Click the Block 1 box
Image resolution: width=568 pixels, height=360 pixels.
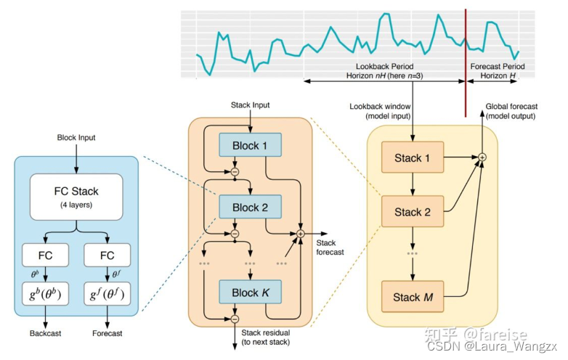pos(250,146)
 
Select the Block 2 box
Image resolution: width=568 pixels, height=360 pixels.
pos(250,208)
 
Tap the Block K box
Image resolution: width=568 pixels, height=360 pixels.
pos(250,292)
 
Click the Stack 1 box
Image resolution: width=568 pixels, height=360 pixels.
pos(413,157)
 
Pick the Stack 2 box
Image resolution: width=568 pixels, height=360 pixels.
pos(413,212)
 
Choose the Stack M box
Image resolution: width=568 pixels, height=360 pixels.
pos(413,297)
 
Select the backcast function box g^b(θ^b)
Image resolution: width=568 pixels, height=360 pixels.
pos(46,296)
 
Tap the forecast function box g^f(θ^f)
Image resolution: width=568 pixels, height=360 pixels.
pos(107,296)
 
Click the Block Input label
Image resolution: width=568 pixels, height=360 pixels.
pos(76,137)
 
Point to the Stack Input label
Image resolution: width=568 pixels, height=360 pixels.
pos(250,105)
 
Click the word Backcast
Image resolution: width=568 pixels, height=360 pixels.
pos(46,335)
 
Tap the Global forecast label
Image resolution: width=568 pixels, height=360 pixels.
pos(511,110)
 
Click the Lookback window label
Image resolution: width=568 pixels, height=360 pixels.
pos(379,110)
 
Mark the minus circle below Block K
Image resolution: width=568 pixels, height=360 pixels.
pos(235,318)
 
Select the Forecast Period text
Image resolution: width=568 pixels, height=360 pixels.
pos(498,66)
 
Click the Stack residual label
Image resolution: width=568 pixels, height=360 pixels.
pos(265,336)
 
